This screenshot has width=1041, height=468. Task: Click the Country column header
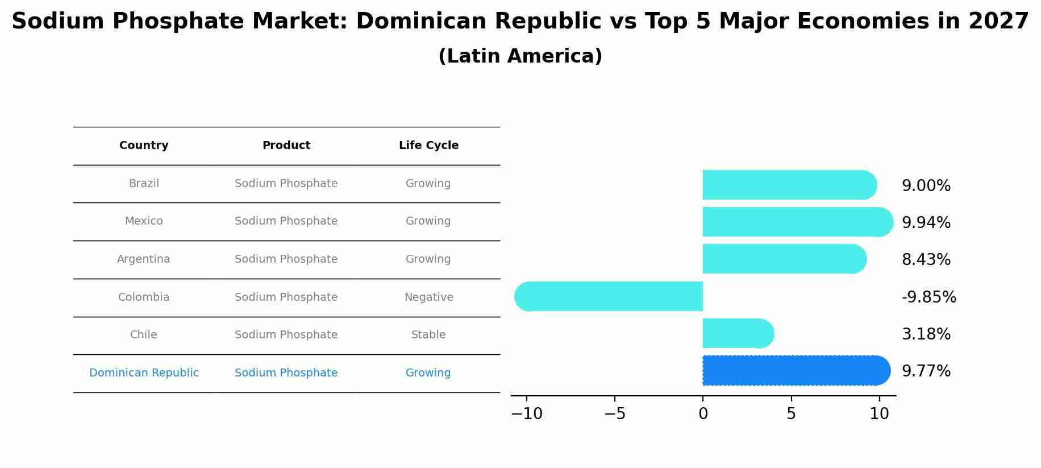[x=144, y=146]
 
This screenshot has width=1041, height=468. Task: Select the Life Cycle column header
[x=428, y=146]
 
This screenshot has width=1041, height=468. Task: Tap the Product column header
[x=286, y=146]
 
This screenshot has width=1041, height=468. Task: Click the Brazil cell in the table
[x=144, y=184]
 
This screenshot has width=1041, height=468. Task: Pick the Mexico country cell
[x=144, y=221]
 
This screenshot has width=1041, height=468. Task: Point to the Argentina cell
[x=143, y=259]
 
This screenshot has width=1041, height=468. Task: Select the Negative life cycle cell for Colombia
[x=428, y=297]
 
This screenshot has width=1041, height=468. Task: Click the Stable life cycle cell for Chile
[x=428, y=335]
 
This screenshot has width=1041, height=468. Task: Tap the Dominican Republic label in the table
[x=144, y=373]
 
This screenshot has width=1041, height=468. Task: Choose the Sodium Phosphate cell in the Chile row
[x=286, y=335]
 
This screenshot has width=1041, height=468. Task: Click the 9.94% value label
[x=926, y=223]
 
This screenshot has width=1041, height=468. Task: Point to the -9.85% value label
[x=928, y=297]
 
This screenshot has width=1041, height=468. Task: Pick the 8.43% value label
[x=926, y=260]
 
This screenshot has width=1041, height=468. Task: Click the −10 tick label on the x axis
[x=527, y=414]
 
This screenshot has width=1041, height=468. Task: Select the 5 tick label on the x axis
[x=791, y=414]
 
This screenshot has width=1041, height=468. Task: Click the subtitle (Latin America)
[x=520, y=56]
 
